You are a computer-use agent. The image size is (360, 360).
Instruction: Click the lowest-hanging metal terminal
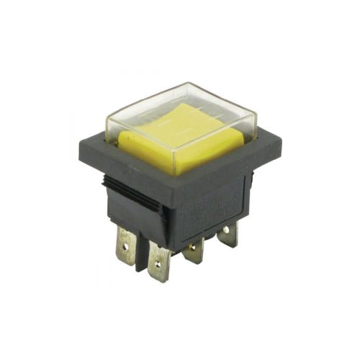pos(159,264)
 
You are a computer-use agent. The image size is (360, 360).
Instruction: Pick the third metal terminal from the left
pos(194,252)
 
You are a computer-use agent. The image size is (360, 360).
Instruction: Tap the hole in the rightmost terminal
pos(228,232)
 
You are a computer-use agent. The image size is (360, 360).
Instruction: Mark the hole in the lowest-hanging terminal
pos(159,269)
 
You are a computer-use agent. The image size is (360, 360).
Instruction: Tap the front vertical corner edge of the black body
pos(170,216)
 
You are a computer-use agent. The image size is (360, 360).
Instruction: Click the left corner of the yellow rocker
pos(120,136)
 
